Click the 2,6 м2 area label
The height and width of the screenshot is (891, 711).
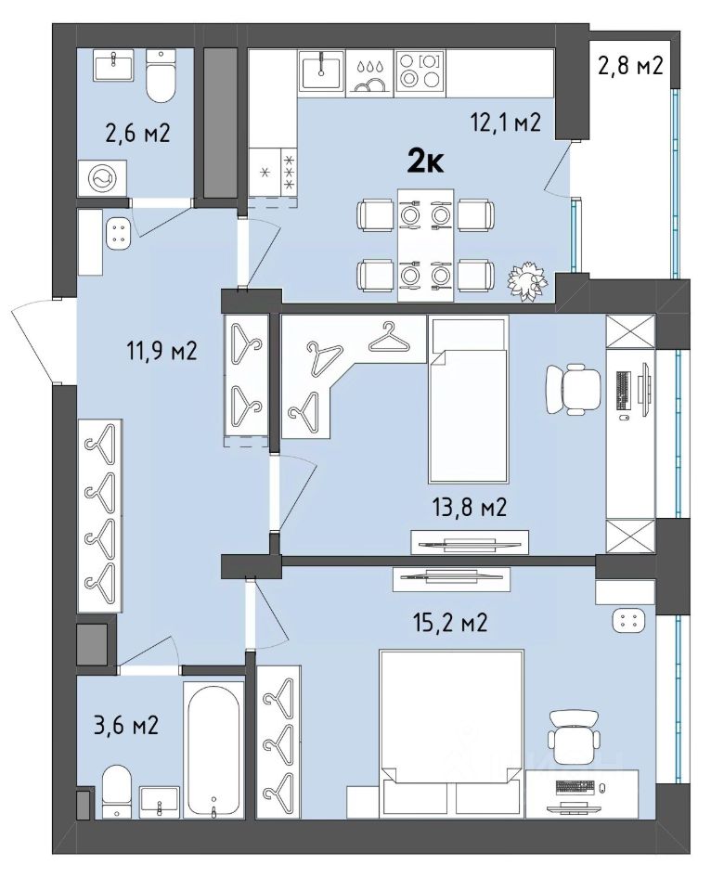pyautogui.click(x=137, y=134)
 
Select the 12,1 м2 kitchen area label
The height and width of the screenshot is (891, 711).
pyautogui.click(x=505, y=123)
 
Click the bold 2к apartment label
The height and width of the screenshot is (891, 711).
pyautogui.click(x=426, y=162)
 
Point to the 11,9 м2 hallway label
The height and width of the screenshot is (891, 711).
pyautogui.click(x=162, y=351)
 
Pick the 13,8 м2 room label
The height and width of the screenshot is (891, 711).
pyautogui.click(x=469, y=507)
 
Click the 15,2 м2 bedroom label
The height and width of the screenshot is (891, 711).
pyautogui.click(x=450, y=623)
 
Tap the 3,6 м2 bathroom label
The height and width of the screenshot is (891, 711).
pyautogui.click(x=125, y=726)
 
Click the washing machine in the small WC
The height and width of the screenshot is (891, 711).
pyautogui.click(x=102, y=179)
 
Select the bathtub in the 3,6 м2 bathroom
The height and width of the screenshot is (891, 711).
pyautogui.click(x=213, y=750)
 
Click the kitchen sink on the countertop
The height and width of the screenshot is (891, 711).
pyautogui.click(x=322, y=69)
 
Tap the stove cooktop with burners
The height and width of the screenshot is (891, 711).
pyautogui.click(x=420, y=71)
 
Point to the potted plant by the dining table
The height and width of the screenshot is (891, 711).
pyautogui.click(x=529, y=280)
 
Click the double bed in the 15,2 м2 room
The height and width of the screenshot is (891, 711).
pyautogui.click(x=451, y=734)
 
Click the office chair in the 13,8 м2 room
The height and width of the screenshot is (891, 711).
pyautogui.click(x=573, y=389)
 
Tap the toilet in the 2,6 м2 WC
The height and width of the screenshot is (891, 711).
pyautogui.click(x=161, y=75)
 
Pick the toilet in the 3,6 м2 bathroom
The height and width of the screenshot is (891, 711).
pyautogui.click(x=117, y=791)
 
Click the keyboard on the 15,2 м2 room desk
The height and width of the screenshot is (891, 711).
pyautogui.click(x=575, y=787)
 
